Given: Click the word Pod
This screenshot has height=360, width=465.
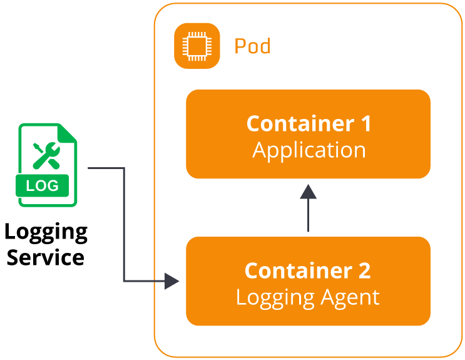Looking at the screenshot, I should click(x=252, y=46).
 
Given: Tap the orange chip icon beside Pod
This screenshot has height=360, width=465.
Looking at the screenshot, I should click(x=197, y=45).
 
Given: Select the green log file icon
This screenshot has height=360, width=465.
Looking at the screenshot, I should click(x=48, y=165).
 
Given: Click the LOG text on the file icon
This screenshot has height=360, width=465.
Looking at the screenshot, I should click(x=43, y=185).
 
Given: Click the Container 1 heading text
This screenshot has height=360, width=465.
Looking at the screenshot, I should click(x=309, y=123).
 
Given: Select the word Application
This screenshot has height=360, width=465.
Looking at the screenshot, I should click(x=309, y=150).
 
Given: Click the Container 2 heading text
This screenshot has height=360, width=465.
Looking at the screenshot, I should click(x=307, y=270).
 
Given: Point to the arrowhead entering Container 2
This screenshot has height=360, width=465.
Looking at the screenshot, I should click(x=173, y=281).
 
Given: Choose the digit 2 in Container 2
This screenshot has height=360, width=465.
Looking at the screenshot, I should click(x=364, y=270).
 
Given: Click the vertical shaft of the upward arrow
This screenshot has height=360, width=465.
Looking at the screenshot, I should click(x=308, y=216).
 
